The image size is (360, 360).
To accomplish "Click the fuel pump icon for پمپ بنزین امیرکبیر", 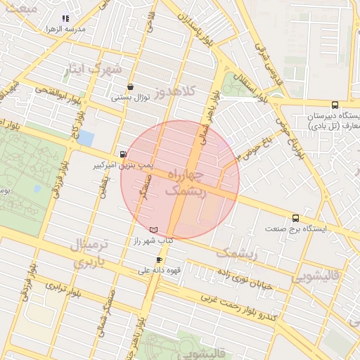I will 124,155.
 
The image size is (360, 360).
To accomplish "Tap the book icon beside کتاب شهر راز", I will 154,230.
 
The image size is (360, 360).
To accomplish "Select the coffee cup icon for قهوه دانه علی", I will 160,259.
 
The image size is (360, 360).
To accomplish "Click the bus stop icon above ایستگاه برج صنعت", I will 295,218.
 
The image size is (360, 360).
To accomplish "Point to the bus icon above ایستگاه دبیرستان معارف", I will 334,104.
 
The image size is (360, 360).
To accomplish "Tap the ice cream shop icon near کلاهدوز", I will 130,88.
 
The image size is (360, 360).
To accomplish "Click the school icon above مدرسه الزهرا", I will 65,19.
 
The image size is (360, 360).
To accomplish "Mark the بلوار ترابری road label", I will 63,291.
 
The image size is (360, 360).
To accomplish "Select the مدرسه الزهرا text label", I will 65,30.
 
